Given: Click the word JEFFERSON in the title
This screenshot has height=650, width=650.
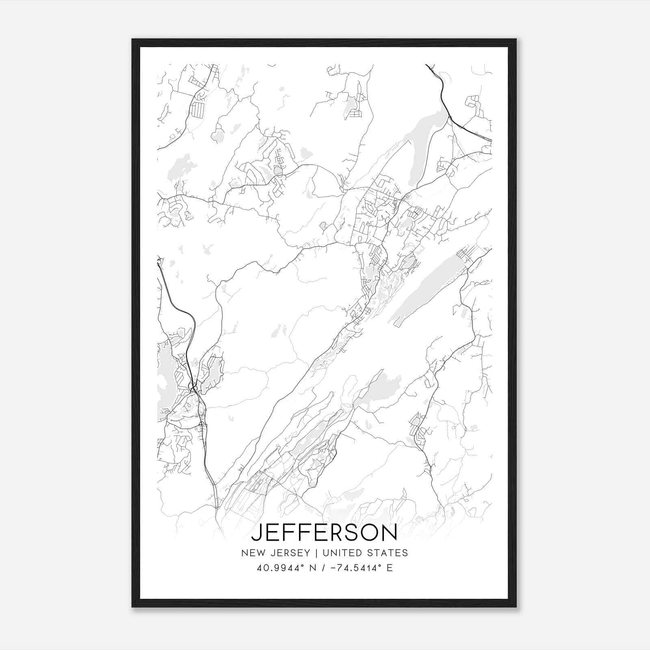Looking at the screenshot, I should pos(324,533).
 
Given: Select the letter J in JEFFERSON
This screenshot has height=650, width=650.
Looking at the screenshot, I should pos(257,533).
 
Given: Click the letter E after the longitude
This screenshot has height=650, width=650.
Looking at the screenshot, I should pos(390,568).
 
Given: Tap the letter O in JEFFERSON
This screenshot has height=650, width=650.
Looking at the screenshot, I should pos(369,533).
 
